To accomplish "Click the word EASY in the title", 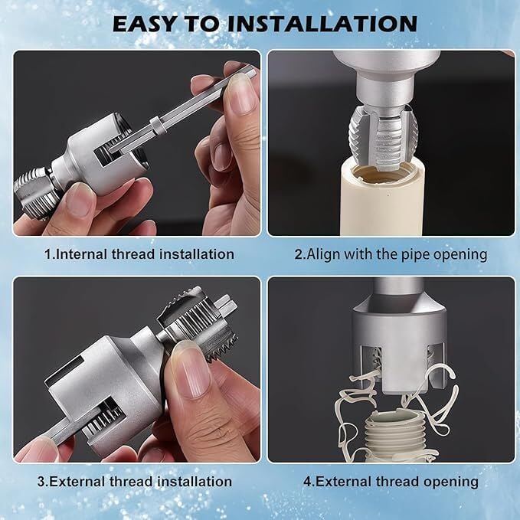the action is pos(144,24).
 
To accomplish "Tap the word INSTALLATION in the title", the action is pos(322,24).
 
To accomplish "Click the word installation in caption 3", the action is pos(195,482).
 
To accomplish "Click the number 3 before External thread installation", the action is pos(41,482).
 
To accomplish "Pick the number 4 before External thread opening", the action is pos(307,482).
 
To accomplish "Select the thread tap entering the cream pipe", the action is pos(383,139).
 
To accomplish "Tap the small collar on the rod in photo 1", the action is pos(159,126).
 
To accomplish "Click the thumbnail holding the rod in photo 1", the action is pos(241,93).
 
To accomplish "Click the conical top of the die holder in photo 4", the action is pos(398,302).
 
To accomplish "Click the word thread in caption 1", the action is pos(133,254).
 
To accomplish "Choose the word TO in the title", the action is pos(201,24).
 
